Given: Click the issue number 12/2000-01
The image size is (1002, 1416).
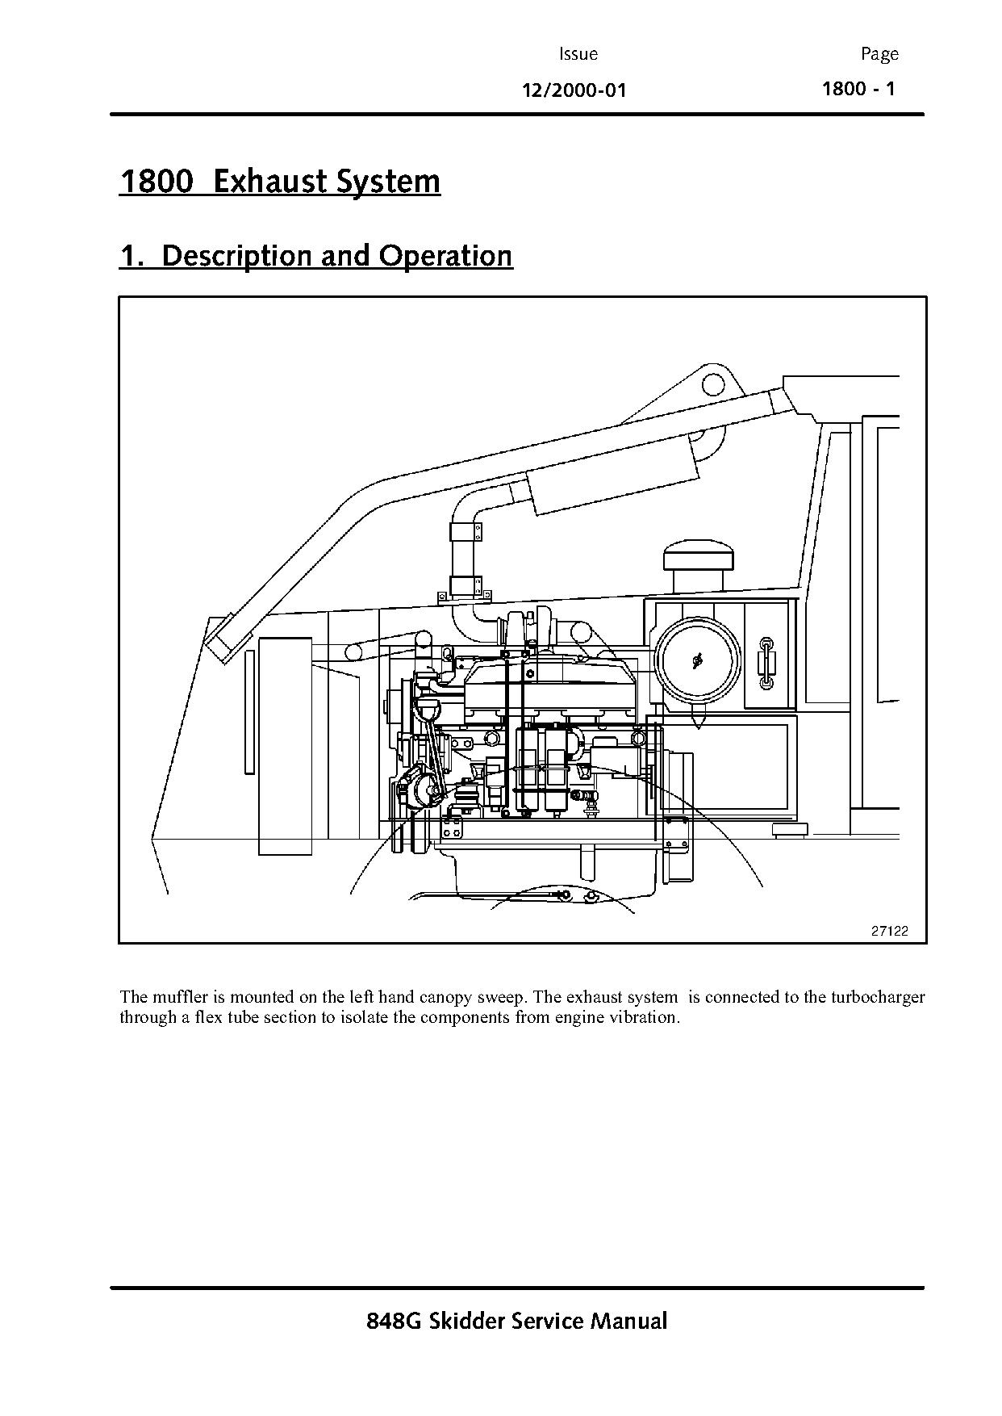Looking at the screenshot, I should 574,90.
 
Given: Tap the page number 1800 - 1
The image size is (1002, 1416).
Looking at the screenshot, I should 858,88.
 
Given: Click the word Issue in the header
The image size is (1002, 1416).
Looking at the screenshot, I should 578,54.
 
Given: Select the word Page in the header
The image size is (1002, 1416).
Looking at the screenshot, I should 879,54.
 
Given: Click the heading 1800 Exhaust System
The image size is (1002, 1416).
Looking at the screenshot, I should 280,181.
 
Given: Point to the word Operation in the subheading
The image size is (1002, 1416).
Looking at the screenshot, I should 446,255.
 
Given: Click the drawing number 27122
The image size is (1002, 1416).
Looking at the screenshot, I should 889,931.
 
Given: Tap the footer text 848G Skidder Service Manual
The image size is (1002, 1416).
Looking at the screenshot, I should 516,1322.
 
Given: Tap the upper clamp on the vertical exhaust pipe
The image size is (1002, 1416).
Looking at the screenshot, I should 466,532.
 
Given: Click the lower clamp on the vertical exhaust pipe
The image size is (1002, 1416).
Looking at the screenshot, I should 466,584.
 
